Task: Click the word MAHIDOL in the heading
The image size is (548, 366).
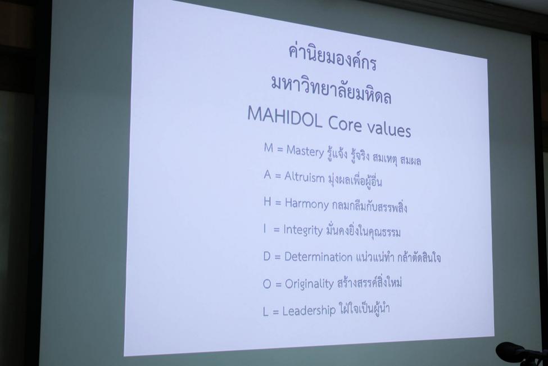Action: tap(285, 117)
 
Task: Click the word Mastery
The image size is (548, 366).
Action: tap(305, 151)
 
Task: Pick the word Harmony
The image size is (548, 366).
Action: tap(307, 204)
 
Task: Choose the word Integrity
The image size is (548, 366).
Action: tap(303, 230)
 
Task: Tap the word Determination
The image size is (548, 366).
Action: tap(318, 257)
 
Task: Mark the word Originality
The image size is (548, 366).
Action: tap(309, 283)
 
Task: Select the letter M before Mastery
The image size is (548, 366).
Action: tap(269, 148)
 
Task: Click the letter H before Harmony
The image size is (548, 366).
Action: tap(268, 202)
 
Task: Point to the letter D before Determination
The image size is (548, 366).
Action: tap(267, 256)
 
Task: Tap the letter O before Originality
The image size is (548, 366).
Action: tap(267, 284)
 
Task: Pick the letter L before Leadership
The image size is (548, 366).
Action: tap(266, 311)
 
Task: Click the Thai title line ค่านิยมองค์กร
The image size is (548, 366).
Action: tap(332, 59)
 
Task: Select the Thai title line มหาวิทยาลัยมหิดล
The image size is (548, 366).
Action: tap(330, 90)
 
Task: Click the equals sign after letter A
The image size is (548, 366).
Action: tap(278, 176)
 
